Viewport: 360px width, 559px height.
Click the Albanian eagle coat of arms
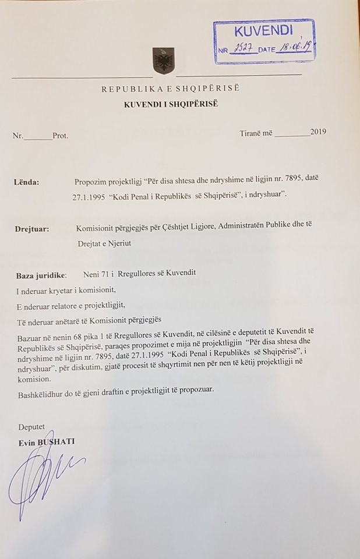pyautogui.click(x=164, y=61)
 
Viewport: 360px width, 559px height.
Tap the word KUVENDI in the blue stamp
pyautogui.click(x=263, y=31)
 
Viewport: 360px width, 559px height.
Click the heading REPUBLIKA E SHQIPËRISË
pyautogui.click(x=171, y=89)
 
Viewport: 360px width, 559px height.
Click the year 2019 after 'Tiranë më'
pyautogui.click(x=319, y=132)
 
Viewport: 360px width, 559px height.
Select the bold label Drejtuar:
pyautogui.click(x=32, y=229)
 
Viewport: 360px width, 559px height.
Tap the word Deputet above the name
pyautogui.click(x=31, y=427)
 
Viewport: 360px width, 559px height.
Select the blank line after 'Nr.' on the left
pyautogui.click(x=38, y=136)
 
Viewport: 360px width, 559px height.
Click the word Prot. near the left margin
pyautogui.click(x=60, y=136)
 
